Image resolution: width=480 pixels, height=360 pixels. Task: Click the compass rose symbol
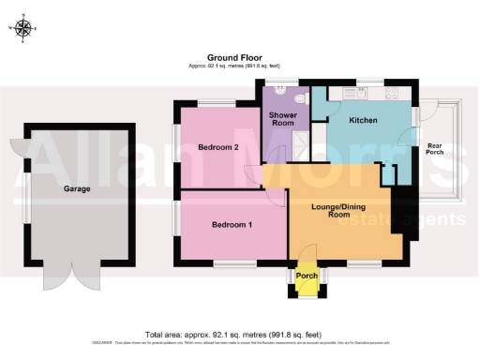tap(25, 28)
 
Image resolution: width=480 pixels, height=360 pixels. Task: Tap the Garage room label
tap(77, 189)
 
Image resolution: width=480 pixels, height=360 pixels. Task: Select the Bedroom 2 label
tap(218, 147)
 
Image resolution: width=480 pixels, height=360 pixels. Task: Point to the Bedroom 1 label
tap(231, 225)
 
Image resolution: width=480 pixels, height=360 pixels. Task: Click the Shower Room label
tap(283, 118)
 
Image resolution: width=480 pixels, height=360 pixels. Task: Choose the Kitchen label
tap(364, 121)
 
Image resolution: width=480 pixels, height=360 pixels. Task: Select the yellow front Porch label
tap(306, 277)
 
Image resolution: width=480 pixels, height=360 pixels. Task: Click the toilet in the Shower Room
tap(300, 97)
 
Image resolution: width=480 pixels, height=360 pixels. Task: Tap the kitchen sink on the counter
tap(357, 94)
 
